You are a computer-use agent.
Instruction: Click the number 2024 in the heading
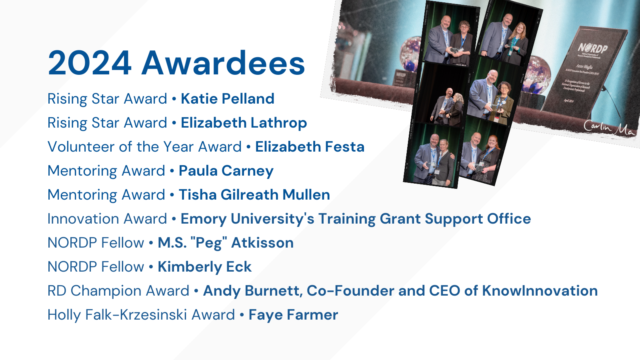[90, 63]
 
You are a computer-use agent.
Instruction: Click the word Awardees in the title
[223, 63]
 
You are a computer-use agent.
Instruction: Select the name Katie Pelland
[227, 99]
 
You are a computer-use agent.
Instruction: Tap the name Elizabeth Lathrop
[244, 123]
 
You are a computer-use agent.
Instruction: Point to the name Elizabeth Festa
[310, 147]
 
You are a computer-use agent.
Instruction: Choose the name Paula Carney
[226, 171]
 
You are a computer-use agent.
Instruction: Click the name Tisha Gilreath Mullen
[254, 195]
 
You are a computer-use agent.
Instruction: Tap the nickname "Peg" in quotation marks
[209, 243]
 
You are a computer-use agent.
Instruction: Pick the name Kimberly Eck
[204, 267]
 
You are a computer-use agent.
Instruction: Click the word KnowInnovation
[540, 291]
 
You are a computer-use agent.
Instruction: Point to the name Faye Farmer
[293, 315]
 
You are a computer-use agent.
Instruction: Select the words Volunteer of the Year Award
[144, 147]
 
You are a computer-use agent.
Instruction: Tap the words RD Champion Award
[118, 291]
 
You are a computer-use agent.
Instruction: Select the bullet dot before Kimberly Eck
[151, 267]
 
